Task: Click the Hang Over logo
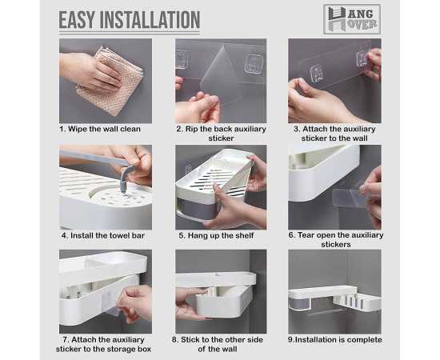tap(351, 18)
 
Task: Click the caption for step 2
tap(220, 133)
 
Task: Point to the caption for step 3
tap(336, 133)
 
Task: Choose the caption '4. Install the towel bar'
tap(105, 235)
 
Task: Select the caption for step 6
tap(336, 239)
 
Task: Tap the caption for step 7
tap(105, 344)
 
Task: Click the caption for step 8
tap(220, 344)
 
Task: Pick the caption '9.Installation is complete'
tap(336, 340)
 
